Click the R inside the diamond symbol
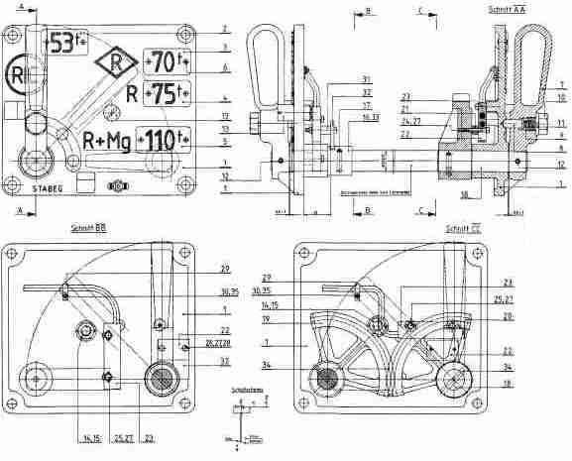coord(115,63)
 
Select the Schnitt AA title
coord(507,8)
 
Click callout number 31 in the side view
coord(338,79)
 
